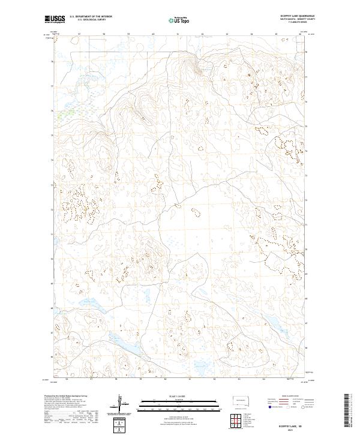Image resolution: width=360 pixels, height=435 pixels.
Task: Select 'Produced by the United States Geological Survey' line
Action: point(64,397)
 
